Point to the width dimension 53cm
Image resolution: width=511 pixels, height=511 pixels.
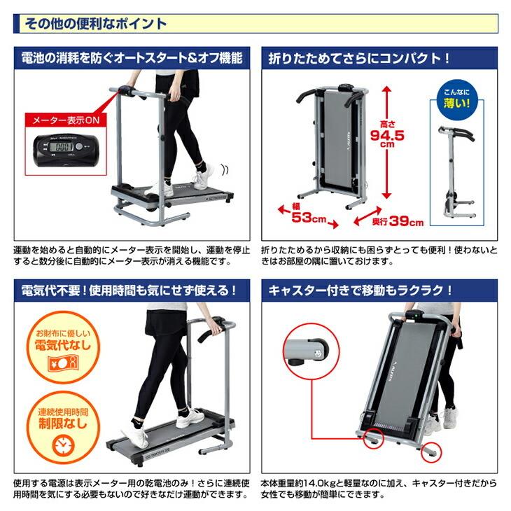[x=305, y=217]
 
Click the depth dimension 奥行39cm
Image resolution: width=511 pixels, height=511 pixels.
[x=398, y=223]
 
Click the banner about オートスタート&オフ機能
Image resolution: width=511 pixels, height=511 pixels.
[x=127, y=59]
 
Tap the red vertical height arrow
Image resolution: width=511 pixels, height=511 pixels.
[x=384, y=139]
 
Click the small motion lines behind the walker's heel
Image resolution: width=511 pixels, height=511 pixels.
[x=224, y=170]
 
